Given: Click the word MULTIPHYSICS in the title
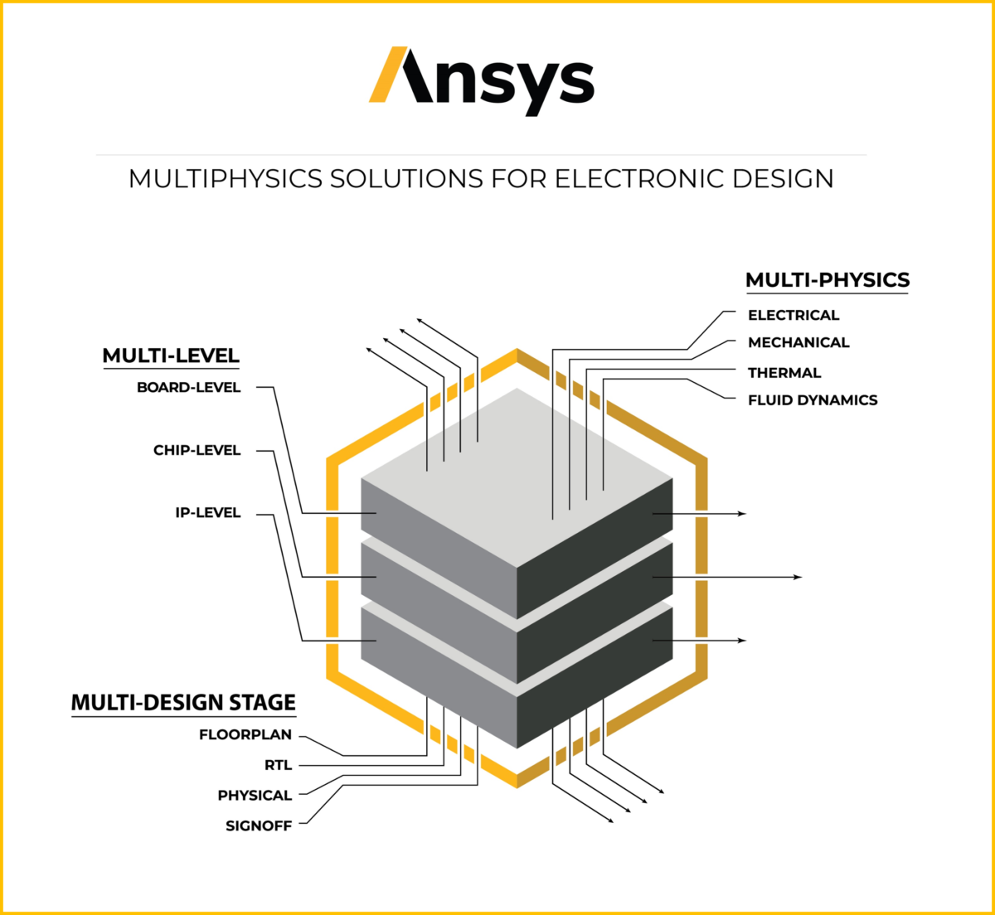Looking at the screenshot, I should tap(225, 179).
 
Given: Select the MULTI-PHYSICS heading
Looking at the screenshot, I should tap(827, 280).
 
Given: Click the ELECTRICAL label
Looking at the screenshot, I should tap(794, 315).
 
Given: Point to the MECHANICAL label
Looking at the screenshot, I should tap(798, 342).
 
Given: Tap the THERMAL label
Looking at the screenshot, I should tap(784, 373).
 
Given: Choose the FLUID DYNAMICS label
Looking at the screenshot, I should tap(813, 400).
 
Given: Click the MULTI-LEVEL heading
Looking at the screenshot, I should tap(171, 356).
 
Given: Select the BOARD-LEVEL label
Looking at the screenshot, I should tap(189, 387).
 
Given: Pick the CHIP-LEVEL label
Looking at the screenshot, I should tap(197, 450).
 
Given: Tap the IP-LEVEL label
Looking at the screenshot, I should tap(208, 513).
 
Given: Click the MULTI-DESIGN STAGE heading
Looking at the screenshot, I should tap(183, 703).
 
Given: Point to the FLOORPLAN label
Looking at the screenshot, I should tap(245, 734).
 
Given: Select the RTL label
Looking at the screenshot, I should tap(279, 765).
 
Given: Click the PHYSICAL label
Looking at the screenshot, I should tap(255, 796).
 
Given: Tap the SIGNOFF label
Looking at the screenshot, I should tap(259, 825).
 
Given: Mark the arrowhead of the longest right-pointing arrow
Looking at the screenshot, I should tap(798, 577).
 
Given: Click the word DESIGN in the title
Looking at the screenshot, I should tap(776, 179).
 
